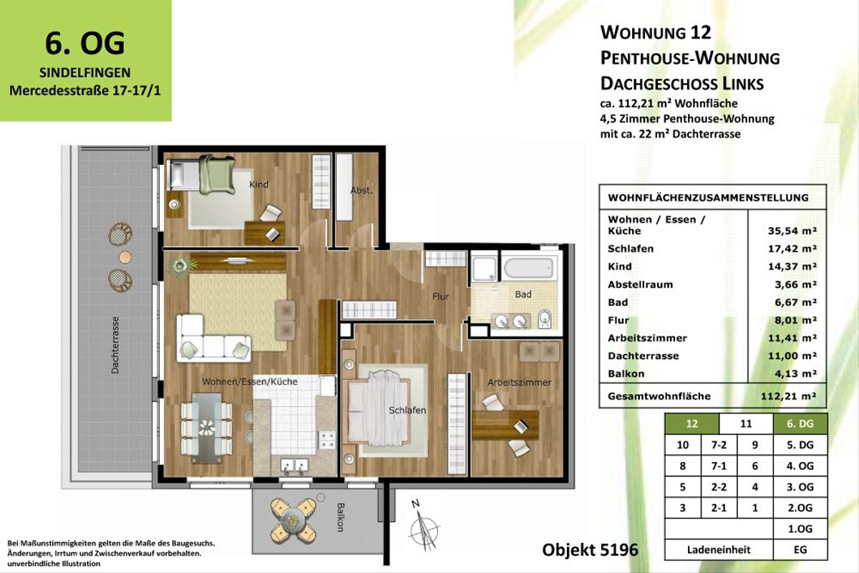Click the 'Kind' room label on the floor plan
(258, 185)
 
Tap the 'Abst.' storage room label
(360, 191)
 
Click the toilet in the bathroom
(546, 318)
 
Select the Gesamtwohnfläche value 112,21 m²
(790, 395)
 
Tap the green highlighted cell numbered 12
(691, 424)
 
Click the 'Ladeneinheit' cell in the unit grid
(719, 550)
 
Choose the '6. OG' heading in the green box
(85, 43)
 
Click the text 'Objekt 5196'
(590, 550)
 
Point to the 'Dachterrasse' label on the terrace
(115, 346)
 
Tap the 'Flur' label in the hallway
(440, 296)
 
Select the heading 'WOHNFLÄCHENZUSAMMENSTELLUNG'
(708, 198)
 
